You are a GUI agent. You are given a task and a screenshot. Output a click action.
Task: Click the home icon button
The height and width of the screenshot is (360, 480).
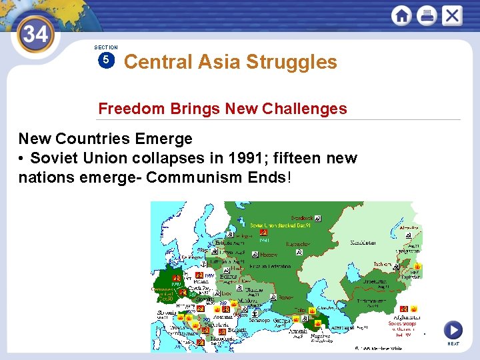[401, 15]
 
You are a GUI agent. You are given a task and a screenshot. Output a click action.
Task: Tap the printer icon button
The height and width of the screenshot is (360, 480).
[427, 15]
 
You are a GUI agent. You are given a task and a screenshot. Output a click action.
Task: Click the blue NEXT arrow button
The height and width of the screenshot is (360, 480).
[453, 330]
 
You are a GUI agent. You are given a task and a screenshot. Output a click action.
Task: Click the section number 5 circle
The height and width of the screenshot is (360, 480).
[106, 61]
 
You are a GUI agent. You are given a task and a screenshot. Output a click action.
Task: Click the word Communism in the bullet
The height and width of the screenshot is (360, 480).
[191, 178]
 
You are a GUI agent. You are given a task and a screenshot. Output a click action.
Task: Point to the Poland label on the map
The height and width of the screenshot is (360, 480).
[202, 282]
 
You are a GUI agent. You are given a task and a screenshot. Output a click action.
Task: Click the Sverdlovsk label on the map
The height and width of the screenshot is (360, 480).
[302, 218]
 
